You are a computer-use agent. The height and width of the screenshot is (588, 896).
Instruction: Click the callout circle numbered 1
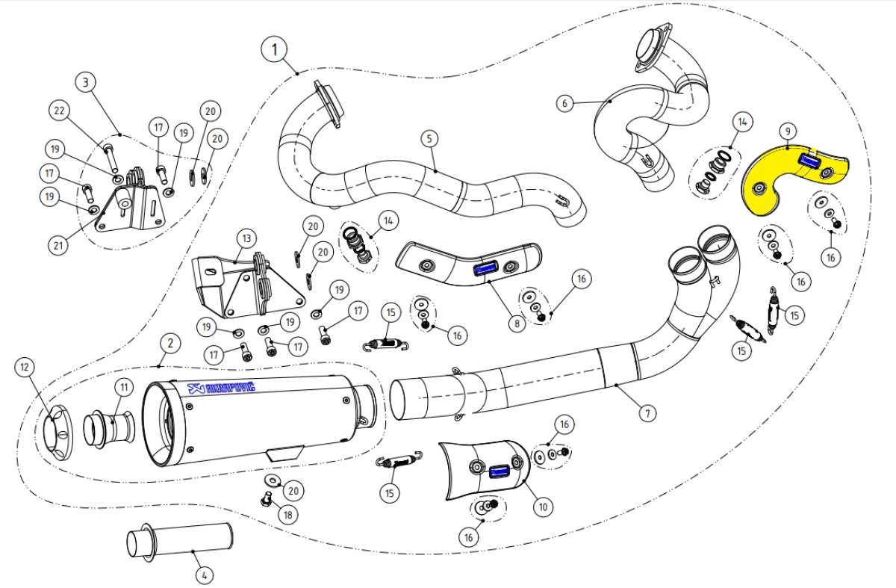coord(275,50)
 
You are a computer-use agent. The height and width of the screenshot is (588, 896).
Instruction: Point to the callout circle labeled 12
coord(25,367)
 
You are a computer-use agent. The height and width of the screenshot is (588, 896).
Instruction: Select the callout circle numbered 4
coord(203,575)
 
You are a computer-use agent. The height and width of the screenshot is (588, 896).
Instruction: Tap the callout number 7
coord(647,412)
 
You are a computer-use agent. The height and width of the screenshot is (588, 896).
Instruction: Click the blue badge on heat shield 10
coord(498,471)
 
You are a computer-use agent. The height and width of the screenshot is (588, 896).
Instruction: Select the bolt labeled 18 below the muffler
coord(264,498)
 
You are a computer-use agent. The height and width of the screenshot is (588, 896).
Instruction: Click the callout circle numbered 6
coord(565,103)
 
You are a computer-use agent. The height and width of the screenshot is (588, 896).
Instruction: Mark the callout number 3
coord(87,81)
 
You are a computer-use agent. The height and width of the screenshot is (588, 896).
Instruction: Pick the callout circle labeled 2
coord(170,344)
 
